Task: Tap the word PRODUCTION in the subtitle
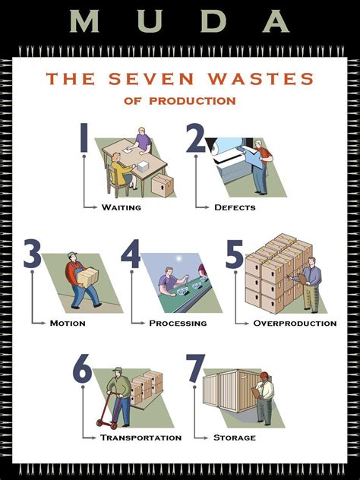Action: click(202, 100)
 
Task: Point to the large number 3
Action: click(32, 254)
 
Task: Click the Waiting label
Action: click(122, 207)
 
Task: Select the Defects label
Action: click(235, 207)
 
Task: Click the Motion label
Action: click(68, 323)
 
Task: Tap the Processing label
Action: click(178, 323)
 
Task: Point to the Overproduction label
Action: click(295, 323)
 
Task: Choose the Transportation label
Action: click(141, 437)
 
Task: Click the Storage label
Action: click(234, 437)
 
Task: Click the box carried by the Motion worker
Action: click(89, 276)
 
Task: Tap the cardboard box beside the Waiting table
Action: click(163, 185)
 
